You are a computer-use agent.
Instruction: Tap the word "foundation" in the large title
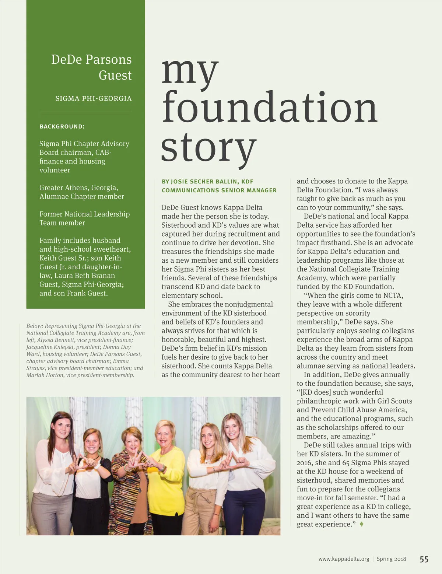click(269, 108)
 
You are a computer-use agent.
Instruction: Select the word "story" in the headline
click(208, 147)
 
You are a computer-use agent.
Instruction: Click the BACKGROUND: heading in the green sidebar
click(62, 127)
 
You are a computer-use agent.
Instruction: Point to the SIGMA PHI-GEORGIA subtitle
click(93, 98)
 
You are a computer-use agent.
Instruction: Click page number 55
click(424, 559)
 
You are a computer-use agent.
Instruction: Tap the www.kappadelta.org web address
click(344, 559)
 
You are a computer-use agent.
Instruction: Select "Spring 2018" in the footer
click(391, 559)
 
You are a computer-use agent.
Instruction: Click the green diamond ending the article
click(362, 524)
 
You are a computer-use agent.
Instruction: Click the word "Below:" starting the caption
click(35, 326)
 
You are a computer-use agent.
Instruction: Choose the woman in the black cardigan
click(92, 486)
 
